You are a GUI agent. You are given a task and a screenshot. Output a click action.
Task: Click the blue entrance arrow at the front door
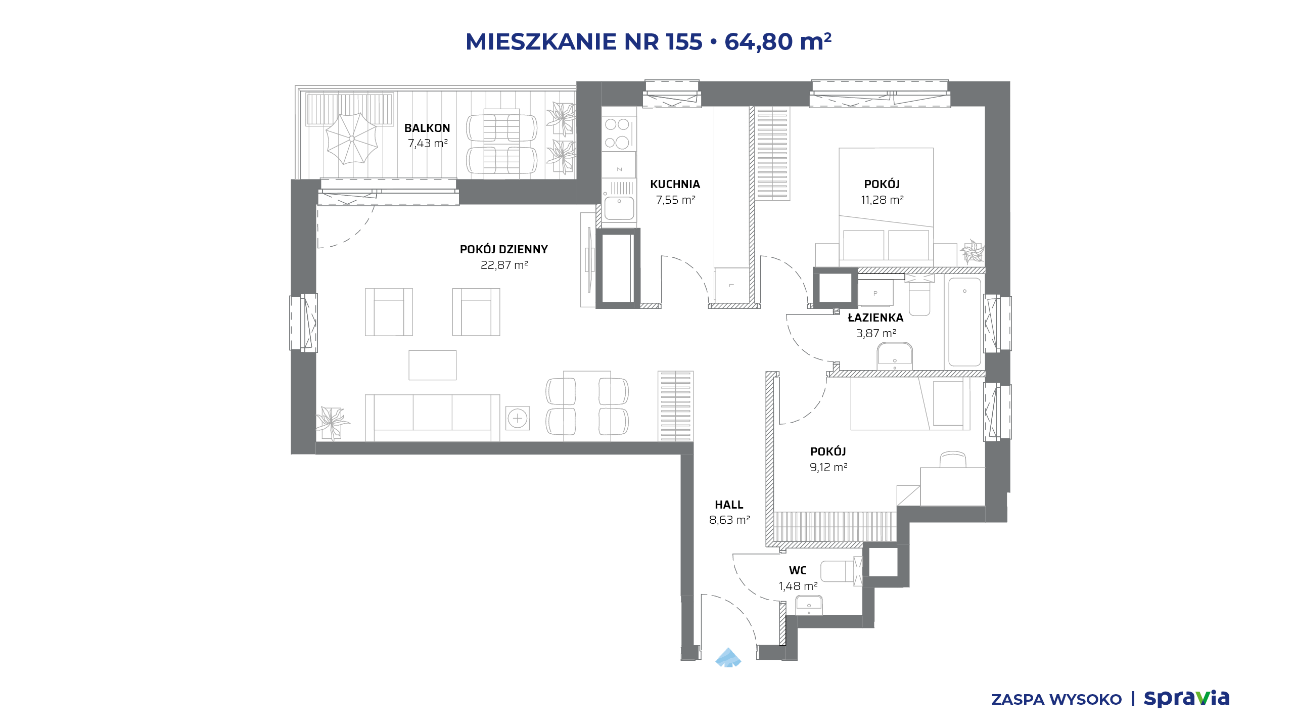coord(728,658)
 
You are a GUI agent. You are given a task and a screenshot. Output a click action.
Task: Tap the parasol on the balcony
coord(352,139)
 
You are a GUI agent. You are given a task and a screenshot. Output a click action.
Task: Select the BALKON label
coord(427,128)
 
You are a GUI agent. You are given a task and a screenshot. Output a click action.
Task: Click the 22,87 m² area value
coord(504,265)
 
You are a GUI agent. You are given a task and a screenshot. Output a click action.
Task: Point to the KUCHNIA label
coord(675,185)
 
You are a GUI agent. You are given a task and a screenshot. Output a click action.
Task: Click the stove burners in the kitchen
coord(617,133)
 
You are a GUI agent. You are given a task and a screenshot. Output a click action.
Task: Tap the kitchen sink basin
coord(619,208)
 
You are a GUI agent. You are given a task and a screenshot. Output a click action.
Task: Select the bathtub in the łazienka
coord(964,322)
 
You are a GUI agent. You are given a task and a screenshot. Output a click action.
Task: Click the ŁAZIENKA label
coord(875,317)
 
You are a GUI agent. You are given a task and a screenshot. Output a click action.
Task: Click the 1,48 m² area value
coord(798,586)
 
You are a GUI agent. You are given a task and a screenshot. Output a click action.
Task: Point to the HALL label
coord(729,505)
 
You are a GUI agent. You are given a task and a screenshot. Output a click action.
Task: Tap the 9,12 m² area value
coord(828,467)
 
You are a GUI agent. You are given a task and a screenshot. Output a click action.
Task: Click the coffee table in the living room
coord(433,365)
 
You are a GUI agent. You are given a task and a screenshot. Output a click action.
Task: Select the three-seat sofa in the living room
coord(433,418)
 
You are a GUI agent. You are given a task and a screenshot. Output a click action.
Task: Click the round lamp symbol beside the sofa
coord(518,419)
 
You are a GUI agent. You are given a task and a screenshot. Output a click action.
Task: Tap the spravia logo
coord(1186,699)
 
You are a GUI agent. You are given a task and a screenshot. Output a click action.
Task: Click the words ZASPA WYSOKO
coord(1056,700)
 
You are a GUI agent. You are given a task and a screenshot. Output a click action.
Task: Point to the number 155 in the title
coord(684,41)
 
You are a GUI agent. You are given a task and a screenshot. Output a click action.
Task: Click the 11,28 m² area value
coord(882,200)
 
